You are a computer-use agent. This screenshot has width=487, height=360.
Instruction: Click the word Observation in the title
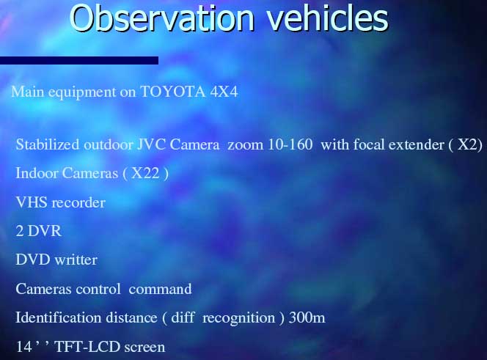point(162,18)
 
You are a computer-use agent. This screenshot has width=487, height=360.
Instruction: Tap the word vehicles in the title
point(328,18)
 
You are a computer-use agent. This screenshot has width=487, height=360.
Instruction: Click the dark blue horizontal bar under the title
point(79,60)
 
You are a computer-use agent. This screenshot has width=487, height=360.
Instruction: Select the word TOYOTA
point(172,92)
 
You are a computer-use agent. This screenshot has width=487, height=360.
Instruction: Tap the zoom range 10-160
point(290,144)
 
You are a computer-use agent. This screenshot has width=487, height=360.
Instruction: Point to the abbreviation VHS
point(32,202)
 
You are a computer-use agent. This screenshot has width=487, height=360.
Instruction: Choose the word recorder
point(78,203)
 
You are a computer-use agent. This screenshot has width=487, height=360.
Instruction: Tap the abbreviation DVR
point(45,231)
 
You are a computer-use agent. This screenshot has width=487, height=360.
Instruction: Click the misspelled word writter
point(76,260)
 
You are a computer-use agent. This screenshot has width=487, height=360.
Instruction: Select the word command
point(161,289)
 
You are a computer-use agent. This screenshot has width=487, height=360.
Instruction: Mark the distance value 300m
point(307,317)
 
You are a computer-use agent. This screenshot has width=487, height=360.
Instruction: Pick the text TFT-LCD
point(87,347)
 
